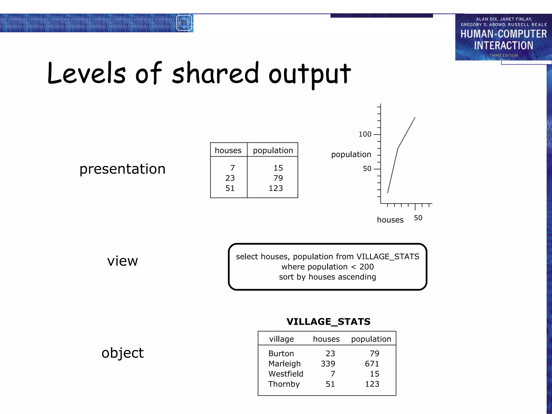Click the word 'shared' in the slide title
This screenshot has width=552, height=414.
[x=215, y=73]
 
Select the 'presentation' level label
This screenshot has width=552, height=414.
[x=122, y=169]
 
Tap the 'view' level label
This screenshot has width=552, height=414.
[x=122, y=261]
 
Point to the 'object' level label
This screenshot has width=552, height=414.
[x=123, y=353]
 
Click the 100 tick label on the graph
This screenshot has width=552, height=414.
[x=365, y=134]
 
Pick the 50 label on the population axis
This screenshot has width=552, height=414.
[x=367, y=169]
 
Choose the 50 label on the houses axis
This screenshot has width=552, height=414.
[x=418, y=218]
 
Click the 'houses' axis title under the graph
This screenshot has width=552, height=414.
[x=390, y=220]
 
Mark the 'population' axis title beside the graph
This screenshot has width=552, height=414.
[x=351, y=154]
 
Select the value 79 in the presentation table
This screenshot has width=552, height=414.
[x=278, y=178]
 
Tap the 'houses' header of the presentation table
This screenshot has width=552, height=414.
[x=228, y=150]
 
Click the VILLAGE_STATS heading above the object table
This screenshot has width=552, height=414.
[x=328, y=322]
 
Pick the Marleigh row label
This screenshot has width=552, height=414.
[x=284, y=364]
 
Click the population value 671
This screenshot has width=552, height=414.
[x=372, y=364]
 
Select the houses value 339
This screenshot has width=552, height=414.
[x=328, y=364]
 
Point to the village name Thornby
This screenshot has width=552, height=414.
[x=284, y=384]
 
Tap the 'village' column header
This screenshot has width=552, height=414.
[x=281, y=339]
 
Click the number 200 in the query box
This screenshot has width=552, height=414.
[x=367, y=267]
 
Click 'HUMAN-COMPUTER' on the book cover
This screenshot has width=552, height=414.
[x=503, y=34]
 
